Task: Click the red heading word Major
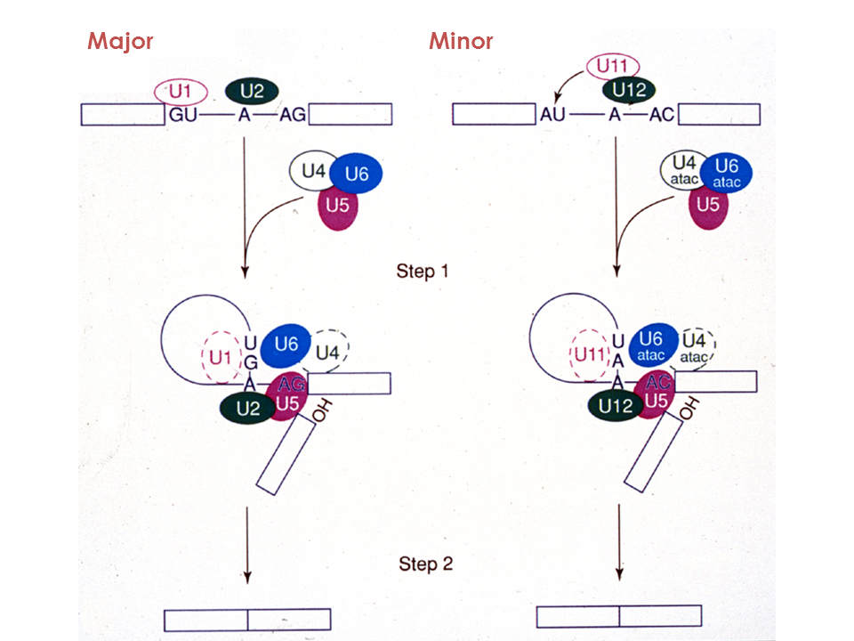tap(121, 41)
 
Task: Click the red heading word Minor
tap(461, 41)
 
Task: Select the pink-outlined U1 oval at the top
tap(181, 91)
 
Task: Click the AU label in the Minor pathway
tap(552, 115)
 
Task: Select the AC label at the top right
tap(659, 115)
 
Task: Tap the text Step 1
tap(423, 271)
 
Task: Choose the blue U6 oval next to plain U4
tap(356, 173)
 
